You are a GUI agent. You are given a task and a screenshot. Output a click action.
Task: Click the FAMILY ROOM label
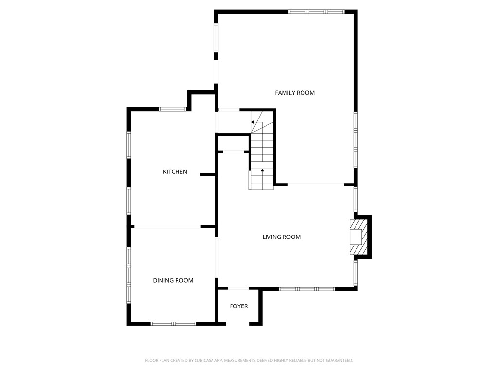click(x=295, y=93)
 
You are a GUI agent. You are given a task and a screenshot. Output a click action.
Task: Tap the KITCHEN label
click(x=175, y=171)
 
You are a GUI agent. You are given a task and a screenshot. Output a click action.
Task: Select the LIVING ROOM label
click(x=282, y=237)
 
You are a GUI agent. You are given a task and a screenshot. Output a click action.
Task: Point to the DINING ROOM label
click(x=173, y=280)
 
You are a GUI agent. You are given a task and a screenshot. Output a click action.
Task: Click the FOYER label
click(x=239, y=306)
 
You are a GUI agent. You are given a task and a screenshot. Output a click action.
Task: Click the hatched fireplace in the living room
click(x=358, y=237)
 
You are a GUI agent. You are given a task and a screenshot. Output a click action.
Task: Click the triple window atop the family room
click(x=316, y=12)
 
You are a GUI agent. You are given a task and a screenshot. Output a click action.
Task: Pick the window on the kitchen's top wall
click(x=173, y=109)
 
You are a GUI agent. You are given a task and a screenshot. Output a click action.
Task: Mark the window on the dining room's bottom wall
click(x=174, y=324)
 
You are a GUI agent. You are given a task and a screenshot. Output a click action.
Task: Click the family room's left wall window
click(x=216, y=38)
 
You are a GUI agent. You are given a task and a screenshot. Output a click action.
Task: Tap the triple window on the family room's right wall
click(x=356, y=139)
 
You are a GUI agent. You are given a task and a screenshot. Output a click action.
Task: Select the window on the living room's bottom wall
click(x=307, y=289)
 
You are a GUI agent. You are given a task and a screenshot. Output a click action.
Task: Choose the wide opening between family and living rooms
click(x=316, y=184)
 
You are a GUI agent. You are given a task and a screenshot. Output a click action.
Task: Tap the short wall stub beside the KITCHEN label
click(x=208, y=175)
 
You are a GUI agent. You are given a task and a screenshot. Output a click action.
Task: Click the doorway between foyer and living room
click(x=238, y=288)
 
